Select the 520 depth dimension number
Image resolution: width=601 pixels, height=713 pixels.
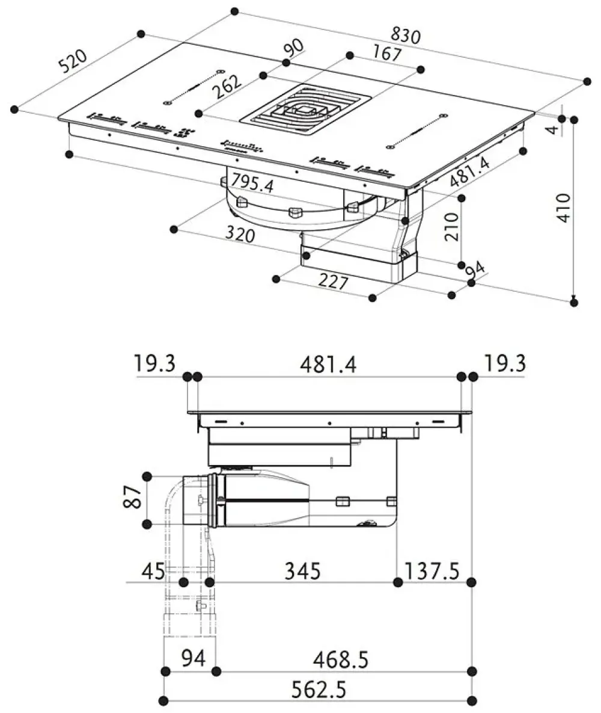73,61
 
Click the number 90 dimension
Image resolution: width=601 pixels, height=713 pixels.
294,48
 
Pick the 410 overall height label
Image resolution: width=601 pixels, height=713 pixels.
563,208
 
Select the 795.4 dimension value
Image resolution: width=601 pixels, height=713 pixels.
252,183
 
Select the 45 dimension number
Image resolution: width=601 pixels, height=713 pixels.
154,570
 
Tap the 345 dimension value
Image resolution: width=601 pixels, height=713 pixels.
302,570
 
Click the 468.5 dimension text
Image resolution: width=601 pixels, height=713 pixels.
340,659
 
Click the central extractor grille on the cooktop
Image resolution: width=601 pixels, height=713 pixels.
307,110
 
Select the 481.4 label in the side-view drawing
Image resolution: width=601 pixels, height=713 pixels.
328,365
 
